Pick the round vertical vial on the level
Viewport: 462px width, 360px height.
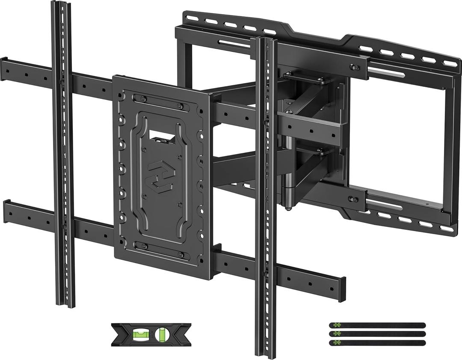[x=162, y=334]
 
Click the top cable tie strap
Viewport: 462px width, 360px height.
[x=377, y=325]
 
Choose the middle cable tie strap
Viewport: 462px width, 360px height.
[x=377, y=334]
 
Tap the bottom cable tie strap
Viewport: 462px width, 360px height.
[x=377, y=342]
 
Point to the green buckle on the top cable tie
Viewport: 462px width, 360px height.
[x=337, y=325]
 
